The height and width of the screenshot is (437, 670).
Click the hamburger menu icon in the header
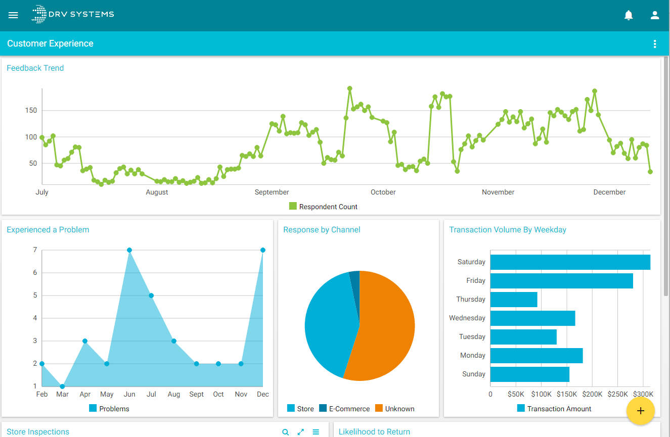pos(13,15)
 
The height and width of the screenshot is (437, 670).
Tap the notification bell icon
pos(629,15)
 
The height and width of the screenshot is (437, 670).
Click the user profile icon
pos(655,15)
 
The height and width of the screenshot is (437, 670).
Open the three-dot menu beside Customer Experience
pos(655,44)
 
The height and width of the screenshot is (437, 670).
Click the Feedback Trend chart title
pos(35,68)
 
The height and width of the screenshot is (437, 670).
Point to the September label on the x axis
pos(272,192)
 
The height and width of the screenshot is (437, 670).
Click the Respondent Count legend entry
pos(323,207)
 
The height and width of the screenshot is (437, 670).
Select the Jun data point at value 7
pos(129,250)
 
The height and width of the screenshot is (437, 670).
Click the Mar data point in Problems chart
pos(62,386)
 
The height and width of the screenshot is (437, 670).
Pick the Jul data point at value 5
pos(151,296)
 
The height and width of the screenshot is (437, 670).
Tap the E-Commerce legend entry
pos(344,409)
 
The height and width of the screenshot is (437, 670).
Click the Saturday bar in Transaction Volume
pos(570,262)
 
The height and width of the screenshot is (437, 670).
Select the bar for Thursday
pos(514,300)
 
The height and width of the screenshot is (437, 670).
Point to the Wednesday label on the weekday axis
pos(467,318)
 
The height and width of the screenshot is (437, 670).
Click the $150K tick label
pos(566,394)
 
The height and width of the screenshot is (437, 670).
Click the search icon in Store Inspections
pos(285,432)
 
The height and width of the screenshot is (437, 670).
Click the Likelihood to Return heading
pos(374,431)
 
